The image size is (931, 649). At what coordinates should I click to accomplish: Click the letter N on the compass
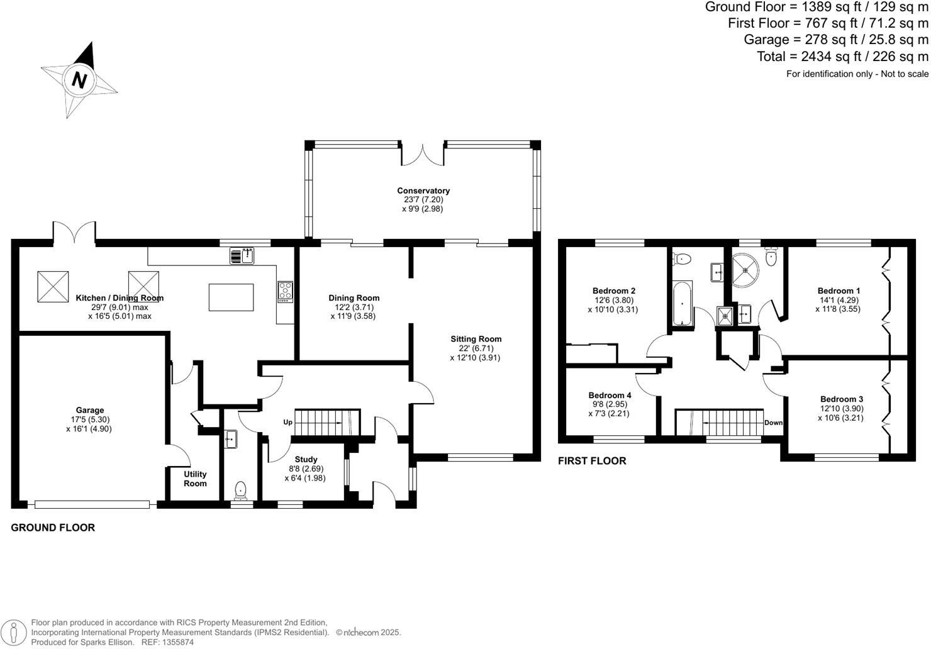(x=79, y=80)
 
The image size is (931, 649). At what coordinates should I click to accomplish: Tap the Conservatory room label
(x=423, y=191)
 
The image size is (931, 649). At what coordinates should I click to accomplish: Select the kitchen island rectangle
(x=231, y=297)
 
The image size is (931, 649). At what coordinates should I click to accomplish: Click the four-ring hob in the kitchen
(x=285, y=291)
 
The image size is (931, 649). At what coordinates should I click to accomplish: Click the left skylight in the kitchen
(x=53, y=286)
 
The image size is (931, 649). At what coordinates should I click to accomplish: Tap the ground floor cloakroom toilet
(x=240, y=489)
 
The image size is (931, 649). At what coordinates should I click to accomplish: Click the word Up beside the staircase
(x=287, y=422)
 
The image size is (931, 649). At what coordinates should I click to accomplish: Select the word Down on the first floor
(x=773, y=423)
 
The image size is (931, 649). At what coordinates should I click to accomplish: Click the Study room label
(x=306, y=459)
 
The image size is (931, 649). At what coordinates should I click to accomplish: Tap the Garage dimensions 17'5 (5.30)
(x=89, y=419)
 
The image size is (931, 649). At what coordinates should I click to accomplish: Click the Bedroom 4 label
(x=610, y=395)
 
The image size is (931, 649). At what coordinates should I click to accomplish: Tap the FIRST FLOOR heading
(x=592, y=461)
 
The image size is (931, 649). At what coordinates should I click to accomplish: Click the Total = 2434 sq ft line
(x=842, y=57)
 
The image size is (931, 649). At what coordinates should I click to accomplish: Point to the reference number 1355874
(x=177, y=642)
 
